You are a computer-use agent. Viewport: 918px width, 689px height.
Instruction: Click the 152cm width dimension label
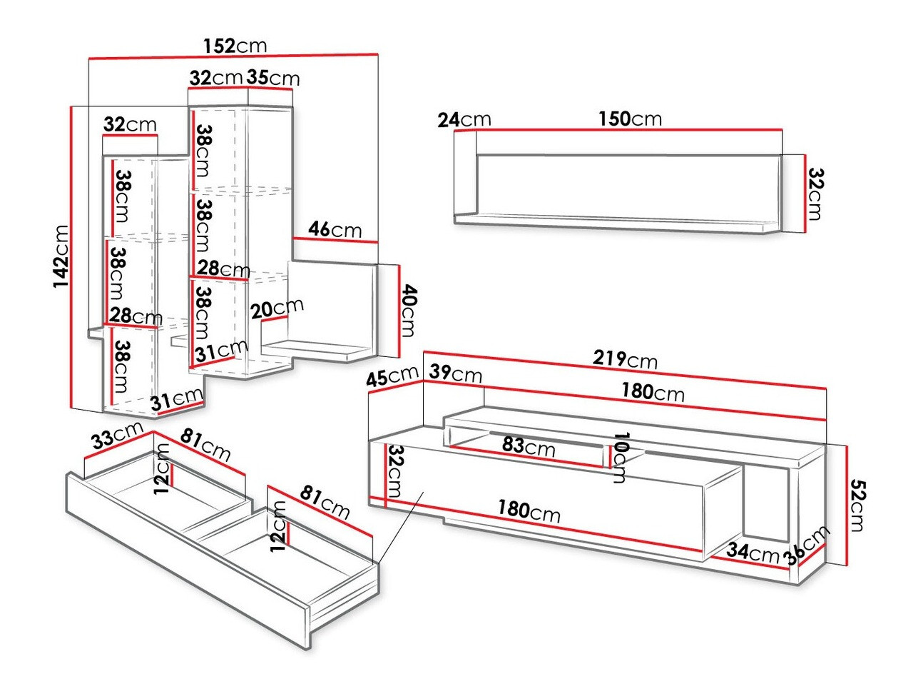tap(235, 46)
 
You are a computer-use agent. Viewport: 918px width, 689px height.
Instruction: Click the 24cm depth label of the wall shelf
tap(464, 119)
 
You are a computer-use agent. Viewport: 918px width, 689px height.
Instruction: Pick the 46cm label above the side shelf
tap(335, 229)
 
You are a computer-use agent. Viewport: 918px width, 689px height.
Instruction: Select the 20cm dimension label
tap(277, 309)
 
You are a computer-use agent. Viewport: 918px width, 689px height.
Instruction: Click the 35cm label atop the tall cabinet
tap(273, 77)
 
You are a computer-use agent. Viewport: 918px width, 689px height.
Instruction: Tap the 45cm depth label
tap(392, 376)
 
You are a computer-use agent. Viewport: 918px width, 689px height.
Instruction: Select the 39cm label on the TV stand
tap(455, 373)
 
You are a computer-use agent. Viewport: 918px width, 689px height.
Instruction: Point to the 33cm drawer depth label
tap(114, 436)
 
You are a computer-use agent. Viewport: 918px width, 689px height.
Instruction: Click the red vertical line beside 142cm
tap(72, 257)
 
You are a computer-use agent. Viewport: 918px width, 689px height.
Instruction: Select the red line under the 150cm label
tap(630, 129)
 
